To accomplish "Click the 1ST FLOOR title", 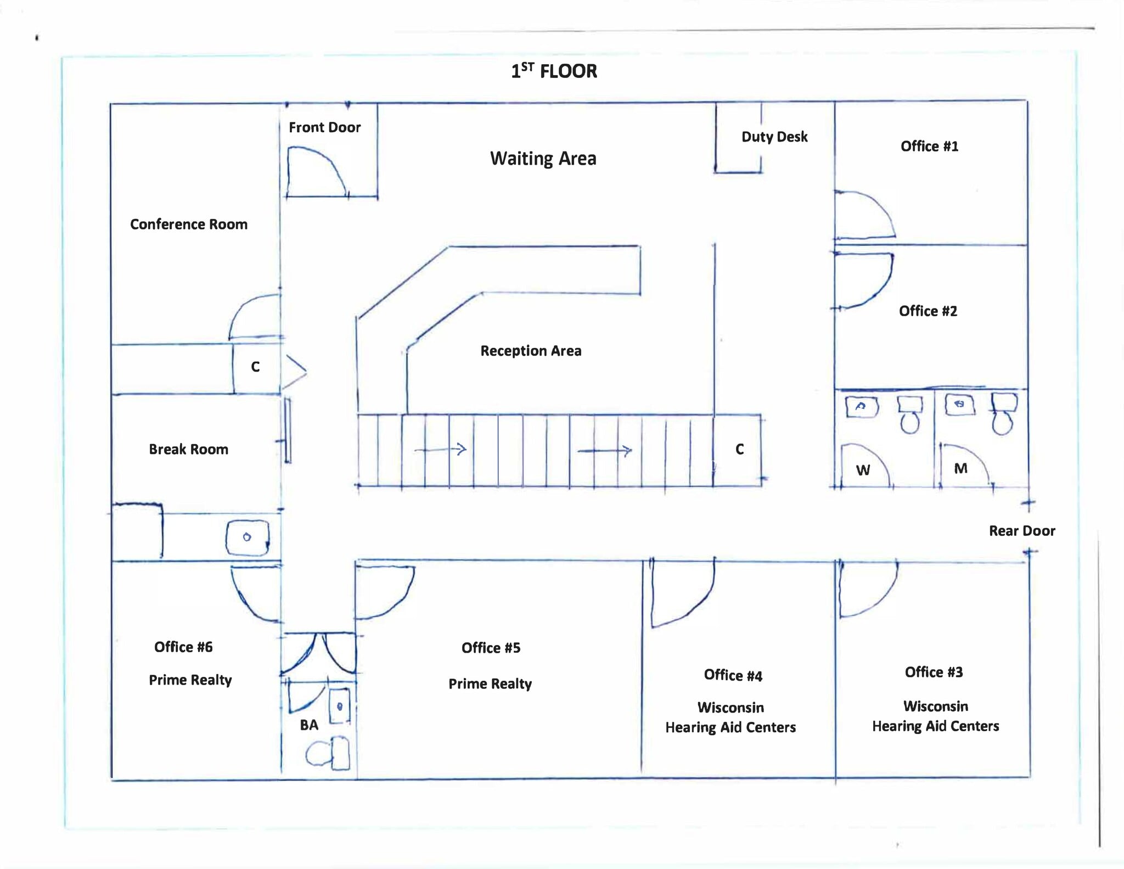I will pos(554,71).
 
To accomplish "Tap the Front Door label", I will pos(324,127).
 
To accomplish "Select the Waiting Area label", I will pos(543,159).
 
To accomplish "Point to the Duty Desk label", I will pos(774,137).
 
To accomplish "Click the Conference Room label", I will pos(189,224).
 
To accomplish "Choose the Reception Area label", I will pos(531,351).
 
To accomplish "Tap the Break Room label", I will pos(188,449).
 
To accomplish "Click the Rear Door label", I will pos(1022,531).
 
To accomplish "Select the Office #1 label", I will pos(929,146).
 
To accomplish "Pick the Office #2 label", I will pos(928,311).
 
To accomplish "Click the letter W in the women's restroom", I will pos(863,470).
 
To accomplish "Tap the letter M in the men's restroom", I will pos(960,468).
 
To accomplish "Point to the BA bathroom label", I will pos(309,725).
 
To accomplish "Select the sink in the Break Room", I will pos(248,537).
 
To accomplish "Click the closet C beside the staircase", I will pos(739,450).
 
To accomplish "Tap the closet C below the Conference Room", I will pos(255,367).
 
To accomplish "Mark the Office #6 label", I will pos(183,647).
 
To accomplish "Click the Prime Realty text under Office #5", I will pos(490,683).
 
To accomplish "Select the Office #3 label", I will pos(934,672).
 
